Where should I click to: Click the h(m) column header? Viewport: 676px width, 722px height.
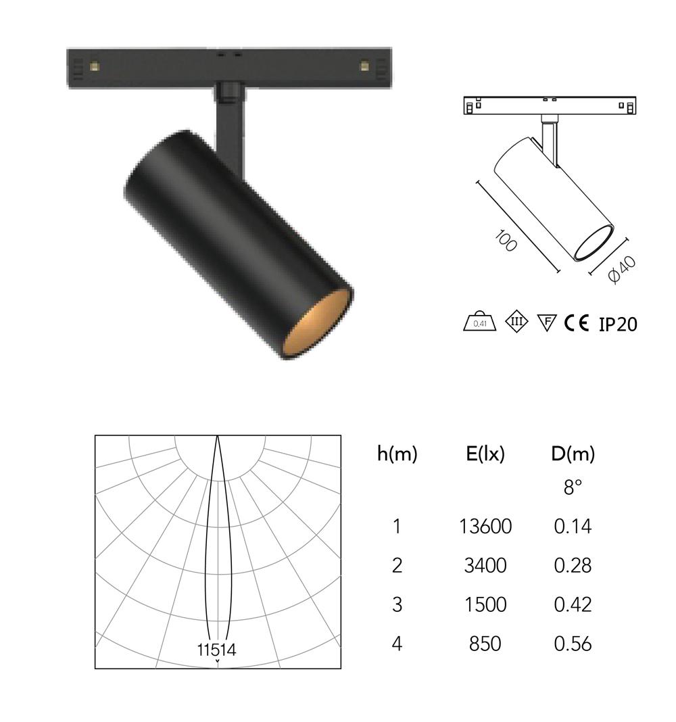[x=397, y=454]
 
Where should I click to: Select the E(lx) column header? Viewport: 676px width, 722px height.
[x=485, y=454]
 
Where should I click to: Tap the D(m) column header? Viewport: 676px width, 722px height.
[x=573, y=454]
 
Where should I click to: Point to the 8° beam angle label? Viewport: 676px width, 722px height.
[x=573, y=487]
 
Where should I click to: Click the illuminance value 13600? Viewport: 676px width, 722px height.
[x=485, y=527]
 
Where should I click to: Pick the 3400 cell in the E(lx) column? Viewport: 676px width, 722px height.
[x=485, y=565]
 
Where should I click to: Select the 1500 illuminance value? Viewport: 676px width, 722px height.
[x=485, y=604]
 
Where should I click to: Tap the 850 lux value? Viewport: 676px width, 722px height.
[x=485, y=644]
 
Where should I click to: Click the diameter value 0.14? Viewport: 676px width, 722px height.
[x=573, y=527]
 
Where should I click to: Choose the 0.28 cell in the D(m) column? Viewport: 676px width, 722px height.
[x=573, y=565]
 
